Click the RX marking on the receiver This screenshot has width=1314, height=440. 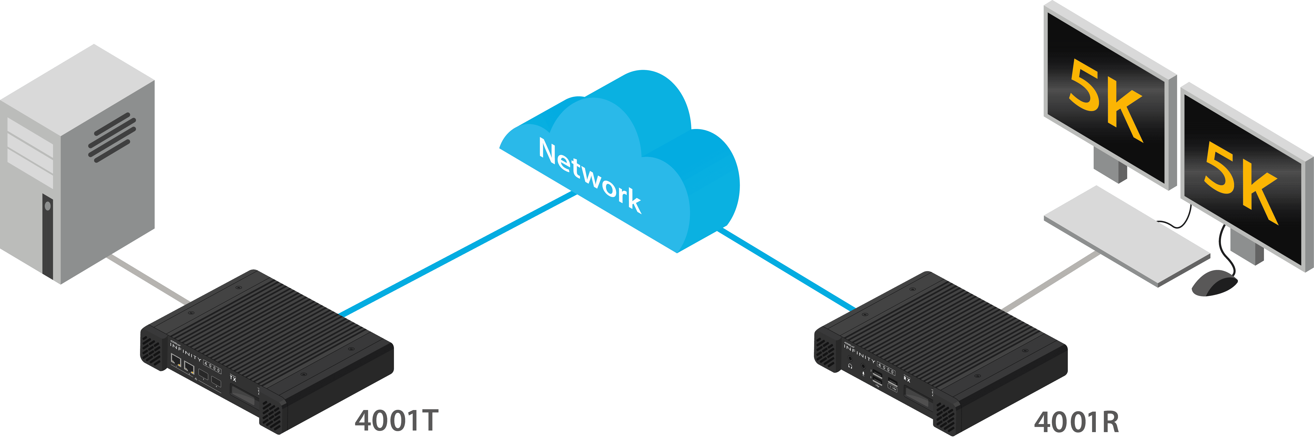tap(907, 379)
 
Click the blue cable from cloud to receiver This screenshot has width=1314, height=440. tap(786, 270)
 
